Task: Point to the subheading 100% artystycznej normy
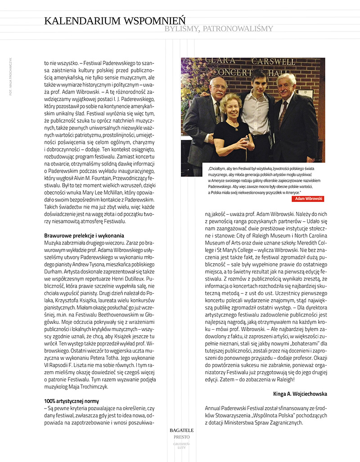point(72,401)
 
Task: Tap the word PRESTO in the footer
point(182,437)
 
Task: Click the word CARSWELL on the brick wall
point(272,61)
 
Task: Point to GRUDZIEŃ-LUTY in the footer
point(182,446)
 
